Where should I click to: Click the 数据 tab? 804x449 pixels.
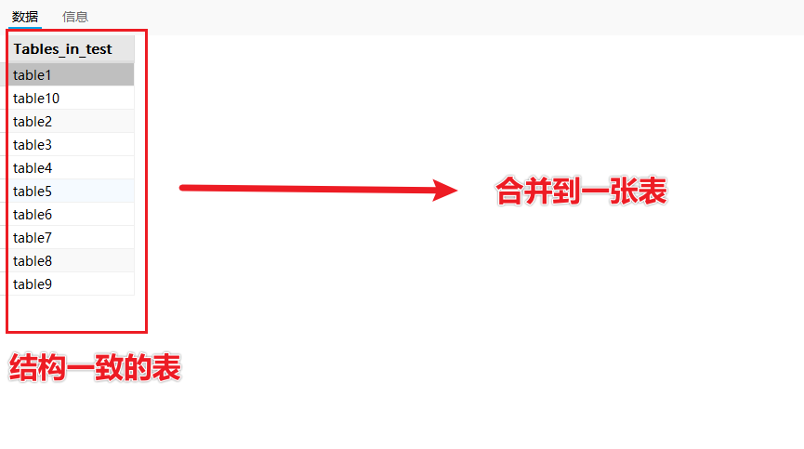[x=25, y=17]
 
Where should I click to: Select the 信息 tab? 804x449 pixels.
[x=75, y=17]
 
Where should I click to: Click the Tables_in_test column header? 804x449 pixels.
[x=62, y=49]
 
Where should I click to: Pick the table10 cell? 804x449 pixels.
[x=36, y=99]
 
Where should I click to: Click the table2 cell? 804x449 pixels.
[x=33, y=122]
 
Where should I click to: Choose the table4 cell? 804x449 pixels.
[x=33, y=168]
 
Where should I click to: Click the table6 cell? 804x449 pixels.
[x=33, y=215]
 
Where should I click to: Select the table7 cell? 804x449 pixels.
[x=33, y=238]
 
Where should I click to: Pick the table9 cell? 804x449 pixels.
[x=33, y=284]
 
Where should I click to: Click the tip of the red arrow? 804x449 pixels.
[x=455, y=191]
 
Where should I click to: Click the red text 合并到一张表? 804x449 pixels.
[x=581, y=192]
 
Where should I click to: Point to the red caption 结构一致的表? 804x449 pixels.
[x=94, y=368]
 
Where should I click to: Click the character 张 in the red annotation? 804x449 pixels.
[x=625, y=192]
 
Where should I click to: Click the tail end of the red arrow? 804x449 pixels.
[x=182, y=188]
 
